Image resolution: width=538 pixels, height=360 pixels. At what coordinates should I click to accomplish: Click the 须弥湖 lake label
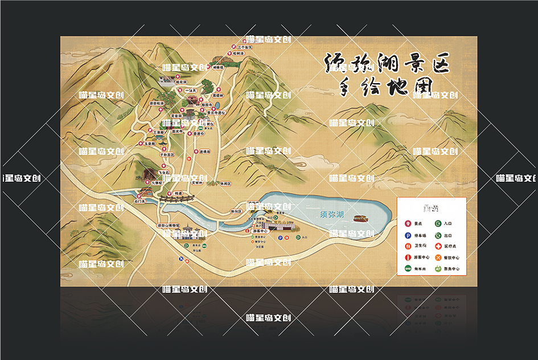tap(332, 214)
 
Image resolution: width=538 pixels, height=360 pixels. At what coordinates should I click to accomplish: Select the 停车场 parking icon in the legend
tap(408, 235)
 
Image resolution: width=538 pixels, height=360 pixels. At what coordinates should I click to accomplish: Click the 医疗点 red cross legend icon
tap(438, 246)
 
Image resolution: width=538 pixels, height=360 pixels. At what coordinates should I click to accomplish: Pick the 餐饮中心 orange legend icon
tap(438, 257)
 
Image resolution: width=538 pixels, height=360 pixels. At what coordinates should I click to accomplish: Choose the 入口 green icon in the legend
tap(438, 224)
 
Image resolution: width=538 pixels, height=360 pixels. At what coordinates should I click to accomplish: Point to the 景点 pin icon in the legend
tap(408, 224)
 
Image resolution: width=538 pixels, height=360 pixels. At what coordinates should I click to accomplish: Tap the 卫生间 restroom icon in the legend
tap(408, 246)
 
